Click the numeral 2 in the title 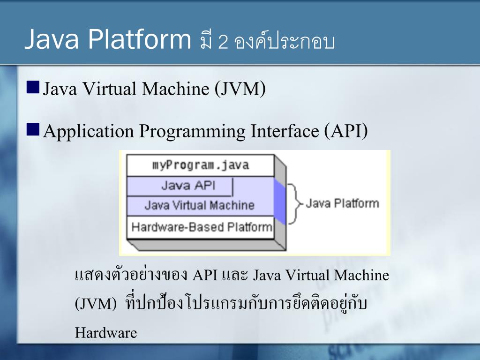pos(223,43)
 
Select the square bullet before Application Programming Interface pos(33,129)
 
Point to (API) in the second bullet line pos(345,131)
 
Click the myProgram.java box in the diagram pos(201,165)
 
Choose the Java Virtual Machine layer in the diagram pos(199,206)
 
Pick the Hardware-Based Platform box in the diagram pos(202,227)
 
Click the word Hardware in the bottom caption pos(106,333)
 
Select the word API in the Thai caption pos(205,275)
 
